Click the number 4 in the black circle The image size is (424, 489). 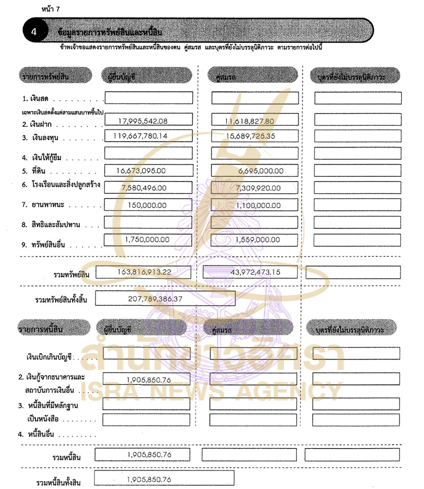tap(33, 31)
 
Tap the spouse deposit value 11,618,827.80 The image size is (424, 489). tap(249, 121)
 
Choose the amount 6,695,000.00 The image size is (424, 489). tap(261, 170)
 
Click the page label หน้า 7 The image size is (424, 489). tap(50, 9)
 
